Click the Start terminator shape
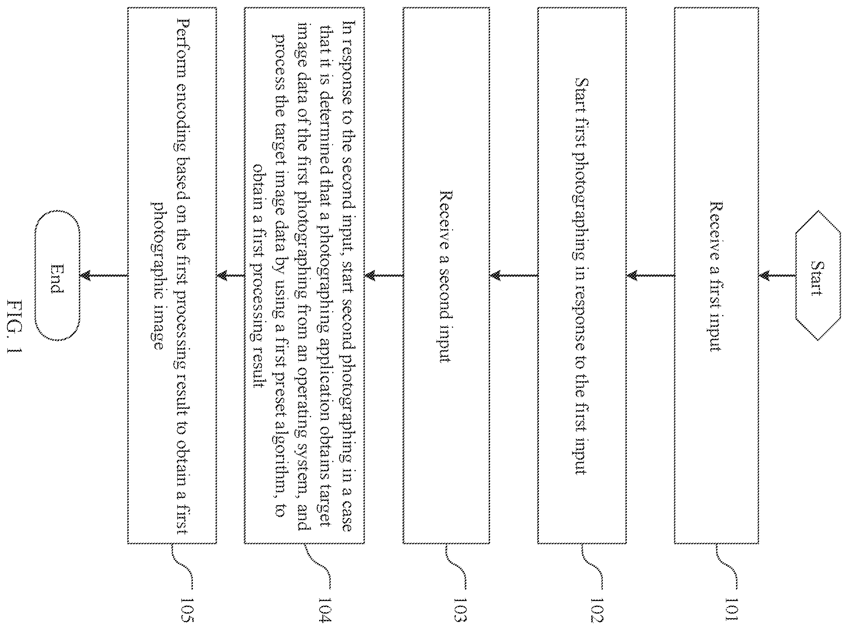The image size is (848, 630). [x=818, y=275]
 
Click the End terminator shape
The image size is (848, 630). [x=57, y=275]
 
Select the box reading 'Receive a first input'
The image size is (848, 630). [x=716, y=275]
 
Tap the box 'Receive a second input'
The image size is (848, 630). [x=446, y=275]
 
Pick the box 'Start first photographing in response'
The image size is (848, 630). [x=582, y=275]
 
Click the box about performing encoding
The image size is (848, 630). [x=172, y=275]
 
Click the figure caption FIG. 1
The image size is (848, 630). [x=15, y=327]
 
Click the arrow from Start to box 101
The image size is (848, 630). [x=777, y=275]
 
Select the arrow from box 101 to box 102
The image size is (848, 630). [x=651, y=275]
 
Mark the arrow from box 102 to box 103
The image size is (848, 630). [x=513, y=275]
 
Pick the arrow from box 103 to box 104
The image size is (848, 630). [x=384, y=275]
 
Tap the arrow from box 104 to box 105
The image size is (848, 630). [x=230, y=275]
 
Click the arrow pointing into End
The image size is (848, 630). [x=104, y=275]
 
